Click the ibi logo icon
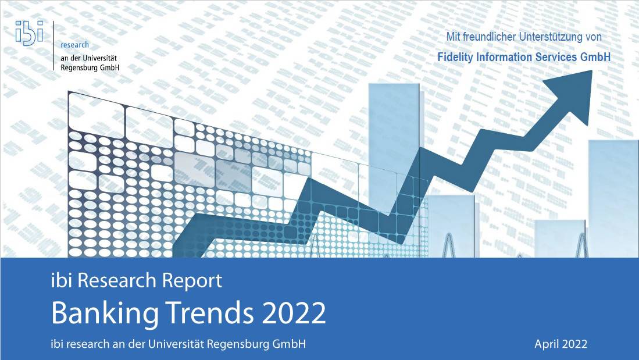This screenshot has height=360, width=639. (29, 32)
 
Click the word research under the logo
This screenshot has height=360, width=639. (74, 45)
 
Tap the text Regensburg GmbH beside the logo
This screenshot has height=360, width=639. (90, 67)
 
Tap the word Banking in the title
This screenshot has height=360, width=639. (105, 313)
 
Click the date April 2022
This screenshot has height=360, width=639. (561, 344)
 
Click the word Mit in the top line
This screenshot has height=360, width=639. (453, 37)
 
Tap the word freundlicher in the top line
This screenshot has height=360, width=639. (489, 37)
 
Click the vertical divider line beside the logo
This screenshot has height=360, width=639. (54, 46)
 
